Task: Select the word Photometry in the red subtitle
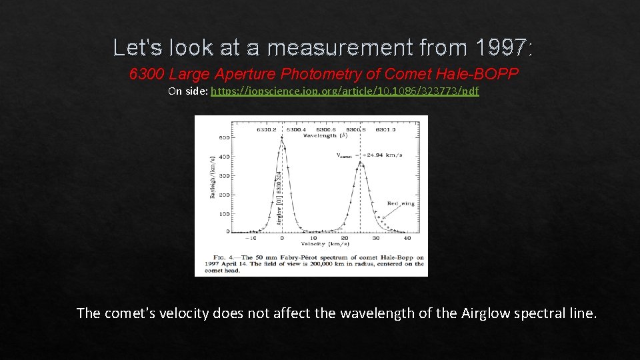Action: pos(313,74)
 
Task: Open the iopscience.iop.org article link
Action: pos(345,91)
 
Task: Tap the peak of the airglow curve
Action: pos(281,138)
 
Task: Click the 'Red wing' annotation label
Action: pos(401,203)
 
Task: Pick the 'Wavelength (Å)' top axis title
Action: pos(325,135)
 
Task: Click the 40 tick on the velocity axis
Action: pos(407,238)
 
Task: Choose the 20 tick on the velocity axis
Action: pos(345,238)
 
